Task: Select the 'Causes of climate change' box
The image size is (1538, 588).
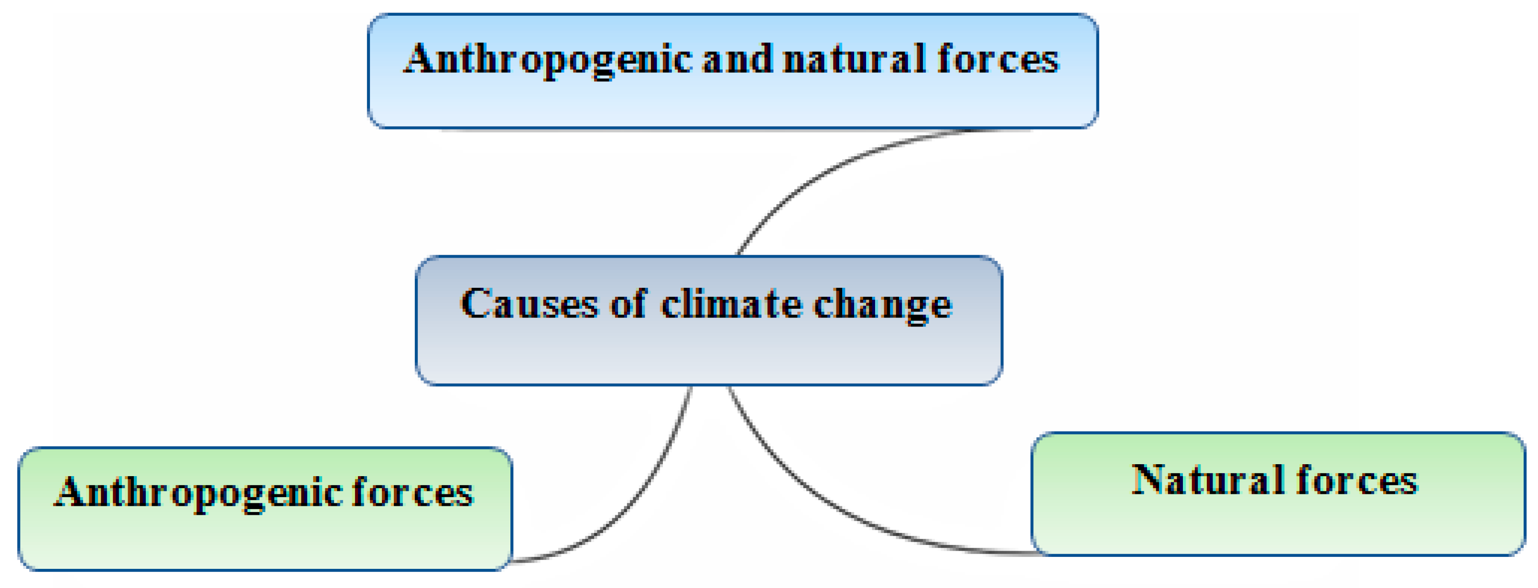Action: (708, 352)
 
